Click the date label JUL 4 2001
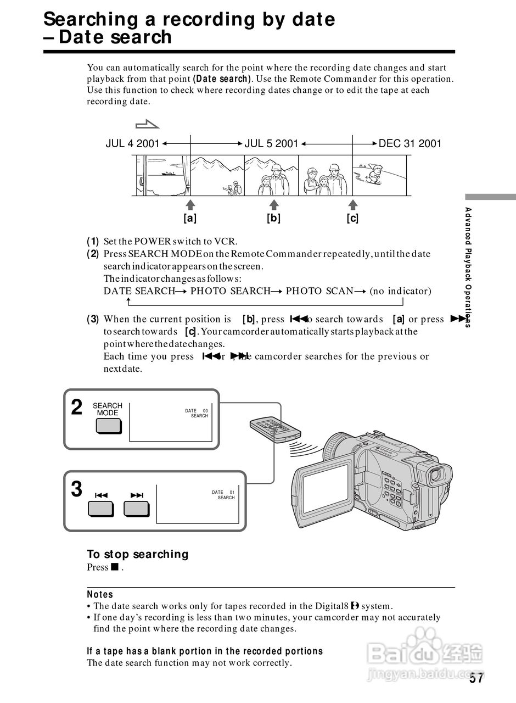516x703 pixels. pos(132,144)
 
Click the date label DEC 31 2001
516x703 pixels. pos(410,144)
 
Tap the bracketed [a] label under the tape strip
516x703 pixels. pos(190,218)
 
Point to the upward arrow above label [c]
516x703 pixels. pos(353,204)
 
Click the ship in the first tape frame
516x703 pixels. pos(169,174)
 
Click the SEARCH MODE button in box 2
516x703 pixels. pos(108,426)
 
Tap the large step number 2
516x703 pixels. pos(77,408)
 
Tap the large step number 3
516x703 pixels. pos(77,489)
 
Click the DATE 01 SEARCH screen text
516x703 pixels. pos(223,495)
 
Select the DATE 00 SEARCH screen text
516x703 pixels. pos(197,414)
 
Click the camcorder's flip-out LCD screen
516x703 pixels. pos(327,488)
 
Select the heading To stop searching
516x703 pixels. pos(137,554)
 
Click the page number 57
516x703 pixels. pos(476,678)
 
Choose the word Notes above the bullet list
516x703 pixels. pos(100,594)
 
